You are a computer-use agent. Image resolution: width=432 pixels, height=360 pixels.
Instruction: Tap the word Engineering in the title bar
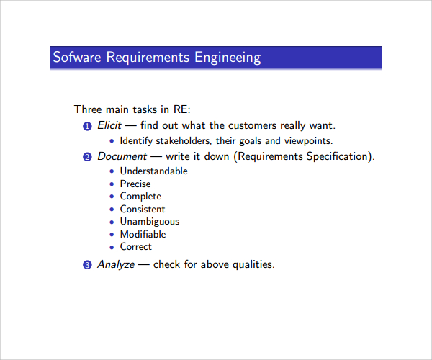[x=228, y=58]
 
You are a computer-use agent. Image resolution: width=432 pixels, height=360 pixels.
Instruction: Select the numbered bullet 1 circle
[x=87, y=126]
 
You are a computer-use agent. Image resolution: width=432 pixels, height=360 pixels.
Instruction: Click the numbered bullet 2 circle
[x=87, y=157]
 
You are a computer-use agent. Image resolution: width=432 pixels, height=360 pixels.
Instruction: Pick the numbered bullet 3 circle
[x=87, y=265]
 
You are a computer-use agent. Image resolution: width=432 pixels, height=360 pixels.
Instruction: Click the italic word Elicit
[x=109, y=125]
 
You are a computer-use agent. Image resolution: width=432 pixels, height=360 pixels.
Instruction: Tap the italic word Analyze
[x=116, y=264]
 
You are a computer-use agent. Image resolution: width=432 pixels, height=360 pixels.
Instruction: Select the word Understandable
[x=153, y=171]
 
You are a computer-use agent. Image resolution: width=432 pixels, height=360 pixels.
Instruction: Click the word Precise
[x=135, y=184]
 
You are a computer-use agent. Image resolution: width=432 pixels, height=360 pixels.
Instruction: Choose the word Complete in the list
[x=140, y=197]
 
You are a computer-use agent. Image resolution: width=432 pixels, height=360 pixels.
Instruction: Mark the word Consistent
[x=143, y=209]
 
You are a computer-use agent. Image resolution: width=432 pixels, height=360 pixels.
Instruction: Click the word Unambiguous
[x=150, y=222]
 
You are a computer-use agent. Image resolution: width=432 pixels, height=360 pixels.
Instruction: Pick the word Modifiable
[x=143, y=234]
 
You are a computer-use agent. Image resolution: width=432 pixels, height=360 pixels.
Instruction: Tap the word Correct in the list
[x=136, y=247]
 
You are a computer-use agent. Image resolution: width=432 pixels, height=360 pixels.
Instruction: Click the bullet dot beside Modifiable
[x=112, y=235]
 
